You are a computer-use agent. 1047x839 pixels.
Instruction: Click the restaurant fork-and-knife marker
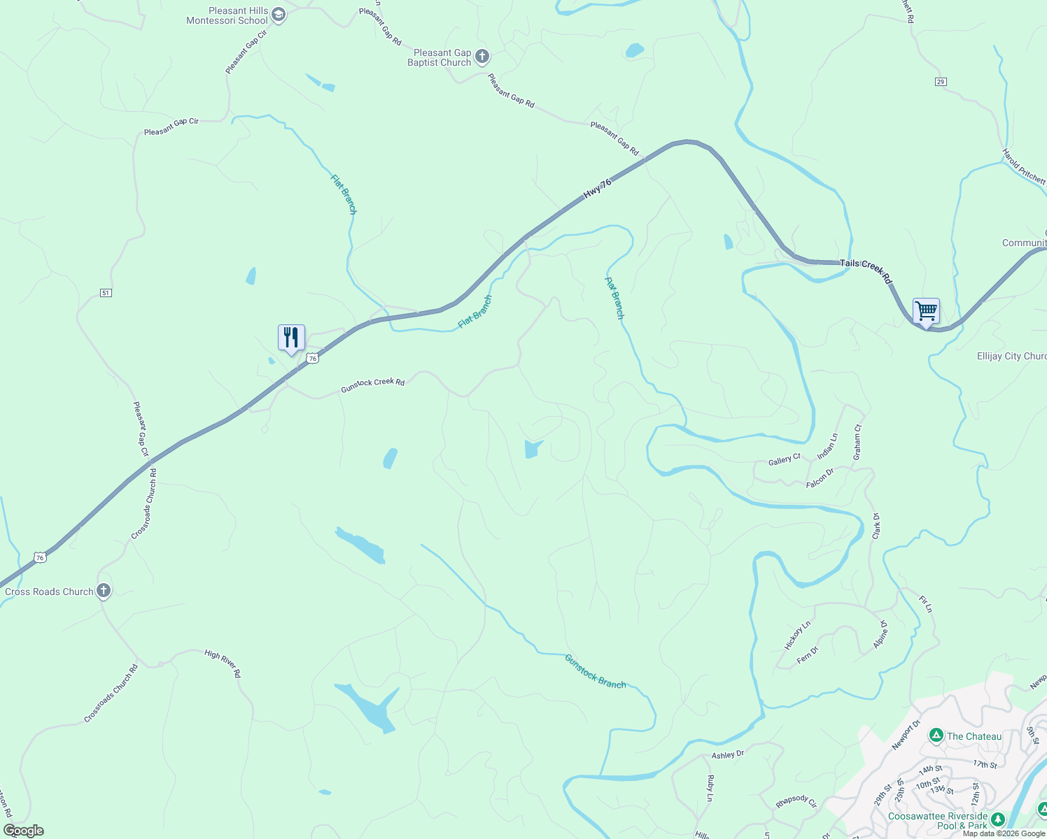[x=291, y=338]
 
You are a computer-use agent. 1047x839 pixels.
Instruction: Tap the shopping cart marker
[x=926, y=311]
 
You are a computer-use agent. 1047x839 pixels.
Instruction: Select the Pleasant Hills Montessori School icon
[x=279, y=15]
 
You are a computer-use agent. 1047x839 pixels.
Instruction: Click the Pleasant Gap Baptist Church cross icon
[x=482, y=57]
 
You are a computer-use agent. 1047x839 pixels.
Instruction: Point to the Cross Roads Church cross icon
[x=104, y=591]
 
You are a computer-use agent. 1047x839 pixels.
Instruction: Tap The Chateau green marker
[x=936, y=736]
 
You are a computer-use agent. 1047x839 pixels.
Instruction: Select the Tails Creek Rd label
[x=866, y=270]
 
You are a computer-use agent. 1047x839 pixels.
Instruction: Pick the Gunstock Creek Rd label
[x=372, y=385]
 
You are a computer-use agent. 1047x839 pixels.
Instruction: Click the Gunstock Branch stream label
[x=595, y=671]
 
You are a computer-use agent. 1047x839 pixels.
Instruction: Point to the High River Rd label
[x=223, y=663]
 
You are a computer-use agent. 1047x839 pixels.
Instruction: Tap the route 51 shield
[x=106, y=292]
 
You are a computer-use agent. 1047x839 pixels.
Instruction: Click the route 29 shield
[x=941, y=82]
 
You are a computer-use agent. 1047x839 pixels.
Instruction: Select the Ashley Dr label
[x=728, y=755]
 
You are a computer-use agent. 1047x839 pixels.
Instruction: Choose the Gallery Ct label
[x=784, y=459]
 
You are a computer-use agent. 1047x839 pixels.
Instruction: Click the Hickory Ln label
[x=797, y=635]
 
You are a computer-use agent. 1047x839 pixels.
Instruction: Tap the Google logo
[x=23, y=831]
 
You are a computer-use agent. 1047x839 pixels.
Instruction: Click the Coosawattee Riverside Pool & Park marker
[x=998, y=819]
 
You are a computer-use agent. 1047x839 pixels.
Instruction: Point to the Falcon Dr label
[x=820, y=478]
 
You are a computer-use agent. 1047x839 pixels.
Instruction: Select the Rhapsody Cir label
[x=796, y=801]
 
